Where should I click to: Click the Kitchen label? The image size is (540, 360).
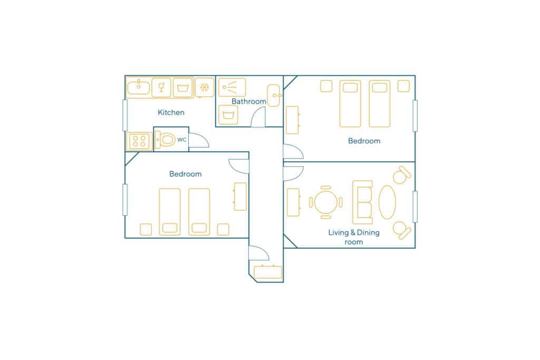171,112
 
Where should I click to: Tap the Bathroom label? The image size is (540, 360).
249,101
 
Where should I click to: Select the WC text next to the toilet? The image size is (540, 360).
181,139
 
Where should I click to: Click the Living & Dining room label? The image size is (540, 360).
354,237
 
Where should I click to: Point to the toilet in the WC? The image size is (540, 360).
165,140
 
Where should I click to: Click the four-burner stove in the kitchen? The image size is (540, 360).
139,141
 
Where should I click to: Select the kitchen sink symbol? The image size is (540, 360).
139,87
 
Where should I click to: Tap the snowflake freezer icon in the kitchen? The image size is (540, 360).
205,87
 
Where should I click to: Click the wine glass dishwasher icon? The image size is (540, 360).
161,87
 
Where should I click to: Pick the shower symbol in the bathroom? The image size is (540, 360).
232,87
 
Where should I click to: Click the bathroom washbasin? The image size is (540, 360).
274,95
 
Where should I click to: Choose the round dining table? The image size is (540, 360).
326,202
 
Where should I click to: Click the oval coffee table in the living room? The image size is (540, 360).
387,202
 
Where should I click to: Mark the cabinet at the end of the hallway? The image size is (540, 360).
267,271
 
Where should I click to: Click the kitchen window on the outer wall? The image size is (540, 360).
125,115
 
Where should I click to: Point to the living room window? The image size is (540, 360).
415,207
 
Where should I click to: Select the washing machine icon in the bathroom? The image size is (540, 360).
228,115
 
